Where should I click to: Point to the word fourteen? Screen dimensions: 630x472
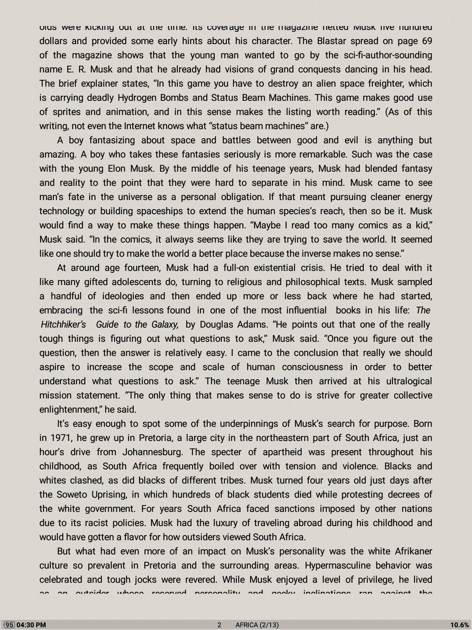pos(142,268)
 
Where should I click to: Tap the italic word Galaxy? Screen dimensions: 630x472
pos(163,324)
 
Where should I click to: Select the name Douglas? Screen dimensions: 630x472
pos(217,324)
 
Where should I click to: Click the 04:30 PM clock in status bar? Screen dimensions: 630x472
pos(31,625)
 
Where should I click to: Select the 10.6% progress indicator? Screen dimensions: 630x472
pos(459,625)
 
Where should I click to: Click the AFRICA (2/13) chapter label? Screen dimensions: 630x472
pos(257,625)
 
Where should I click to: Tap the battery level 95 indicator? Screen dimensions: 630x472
pos(9,625)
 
